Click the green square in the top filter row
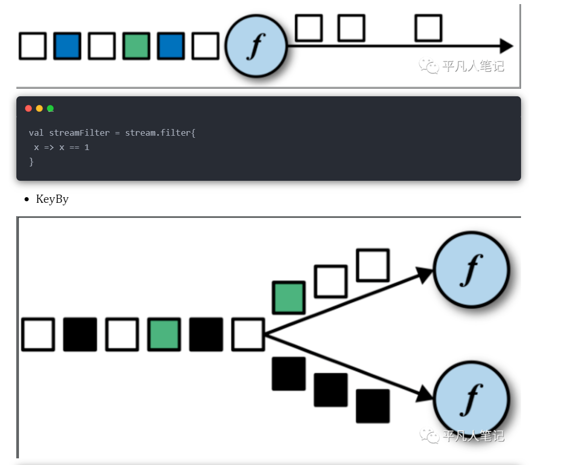(x=136, y=46)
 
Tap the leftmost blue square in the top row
(x=67, y=46)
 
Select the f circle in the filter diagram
(x=256, y=46)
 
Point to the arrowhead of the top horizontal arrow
(x=507, y=46)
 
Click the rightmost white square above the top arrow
(x=428, y=28)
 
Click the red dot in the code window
(x=29, y=109)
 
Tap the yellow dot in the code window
(x=39, y=109)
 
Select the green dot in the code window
(x=50, y=109)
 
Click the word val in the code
(x=36, y=133)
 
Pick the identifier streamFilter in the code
(x=79, y=133)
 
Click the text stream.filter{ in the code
(x=160, y=133)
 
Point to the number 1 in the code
(x=86, y=147)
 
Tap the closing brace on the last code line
(x=31, y=162)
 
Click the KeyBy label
(x=52, y=199)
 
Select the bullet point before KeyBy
(x=27, y=199)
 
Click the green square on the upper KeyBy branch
(x=289, y=298)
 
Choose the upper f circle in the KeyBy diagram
(x=471, y=270)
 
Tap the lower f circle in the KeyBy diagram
(x=471, y=399)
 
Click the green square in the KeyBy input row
(x=164, y=334)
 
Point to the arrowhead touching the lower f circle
(x=425, y=393)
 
